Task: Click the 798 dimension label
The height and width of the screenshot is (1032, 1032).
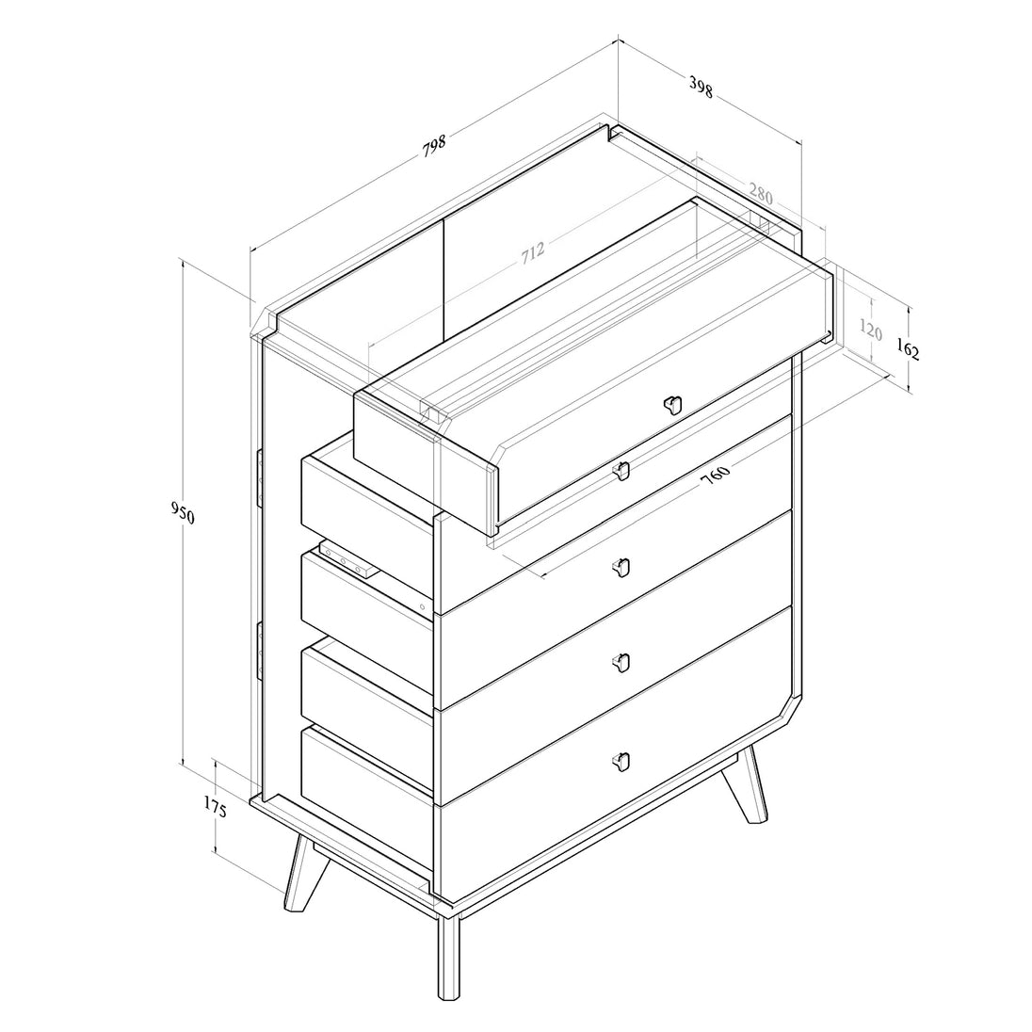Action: click(x=434, y=145)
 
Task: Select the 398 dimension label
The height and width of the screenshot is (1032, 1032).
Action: click(x=701, y=87)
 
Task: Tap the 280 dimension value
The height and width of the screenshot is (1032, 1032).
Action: click(x=760, y=194)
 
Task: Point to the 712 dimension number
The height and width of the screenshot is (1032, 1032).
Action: click(x=533, y=252)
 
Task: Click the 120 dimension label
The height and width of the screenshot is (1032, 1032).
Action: click(x=871, y=329)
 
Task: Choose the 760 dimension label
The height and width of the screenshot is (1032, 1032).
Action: click(x=715, y=475)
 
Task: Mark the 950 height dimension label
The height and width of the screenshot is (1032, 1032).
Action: click(x=183, y=513)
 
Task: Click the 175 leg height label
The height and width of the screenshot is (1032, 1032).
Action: click(x=216, y=808)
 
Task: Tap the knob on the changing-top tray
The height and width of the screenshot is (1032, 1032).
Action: click(x=672, y=405)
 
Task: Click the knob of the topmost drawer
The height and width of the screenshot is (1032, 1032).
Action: click(x=621, y=470)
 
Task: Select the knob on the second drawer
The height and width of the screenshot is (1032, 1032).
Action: click(x=621, y=568)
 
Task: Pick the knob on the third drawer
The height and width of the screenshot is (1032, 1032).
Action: click(x=621, y=663)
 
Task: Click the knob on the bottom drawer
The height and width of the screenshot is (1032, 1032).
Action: click(x=621, y=761)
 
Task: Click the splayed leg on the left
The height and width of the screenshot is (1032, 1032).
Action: click(x=306, y=874)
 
